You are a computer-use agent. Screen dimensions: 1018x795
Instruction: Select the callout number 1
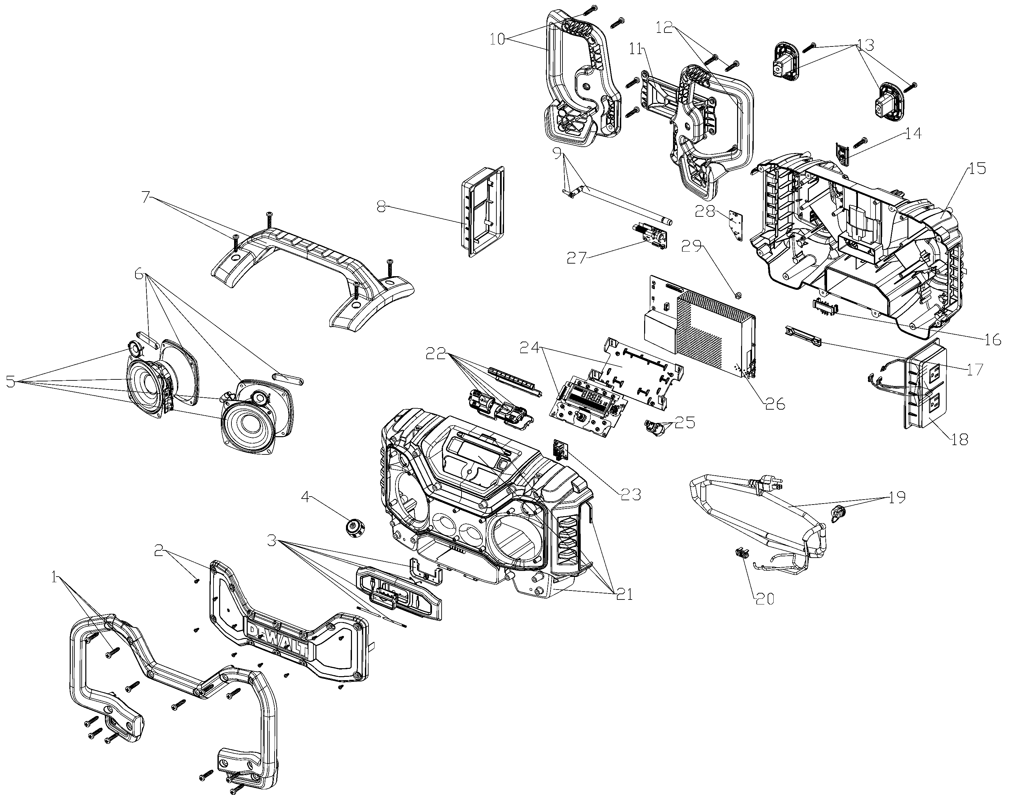click(x=55, y=579)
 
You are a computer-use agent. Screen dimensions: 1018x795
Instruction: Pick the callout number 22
click(x=436, y=354)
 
